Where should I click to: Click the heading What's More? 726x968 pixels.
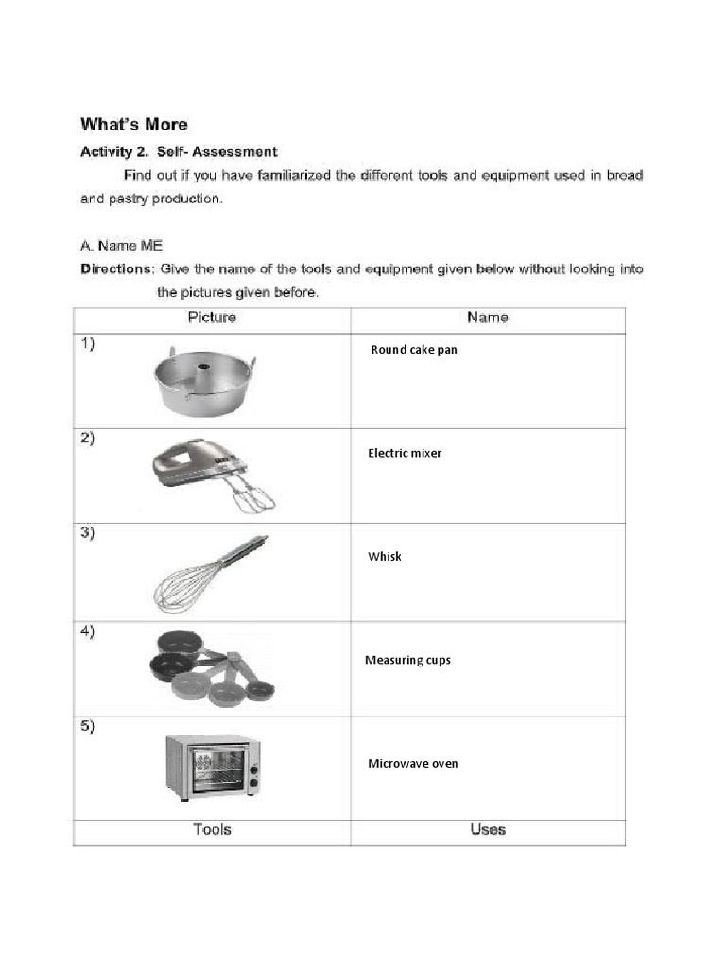pos(134,124)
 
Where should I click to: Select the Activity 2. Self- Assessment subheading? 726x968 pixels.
pos(179,151)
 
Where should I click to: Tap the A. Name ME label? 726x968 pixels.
pos(122,245)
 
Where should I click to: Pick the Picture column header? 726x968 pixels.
pos(212,318)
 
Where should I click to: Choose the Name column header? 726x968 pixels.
pos(488,318)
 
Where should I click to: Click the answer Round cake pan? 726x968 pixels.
pos(414,350)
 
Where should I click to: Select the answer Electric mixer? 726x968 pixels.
pos(405,453)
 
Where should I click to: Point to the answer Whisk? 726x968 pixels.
pos(385,556)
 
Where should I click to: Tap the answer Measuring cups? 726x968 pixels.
pos(407,660)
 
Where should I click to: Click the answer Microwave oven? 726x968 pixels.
pos(413,763)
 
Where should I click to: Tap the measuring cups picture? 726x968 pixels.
pos(210,667)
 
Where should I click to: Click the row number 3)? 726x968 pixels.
pos(87,533)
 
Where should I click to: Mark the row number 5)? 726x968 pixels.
pos(87,726)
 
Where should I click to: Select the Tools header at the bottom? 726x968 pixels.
pos(212,830)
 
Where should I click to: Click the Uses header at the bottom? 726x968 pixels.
pos(488,830)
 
